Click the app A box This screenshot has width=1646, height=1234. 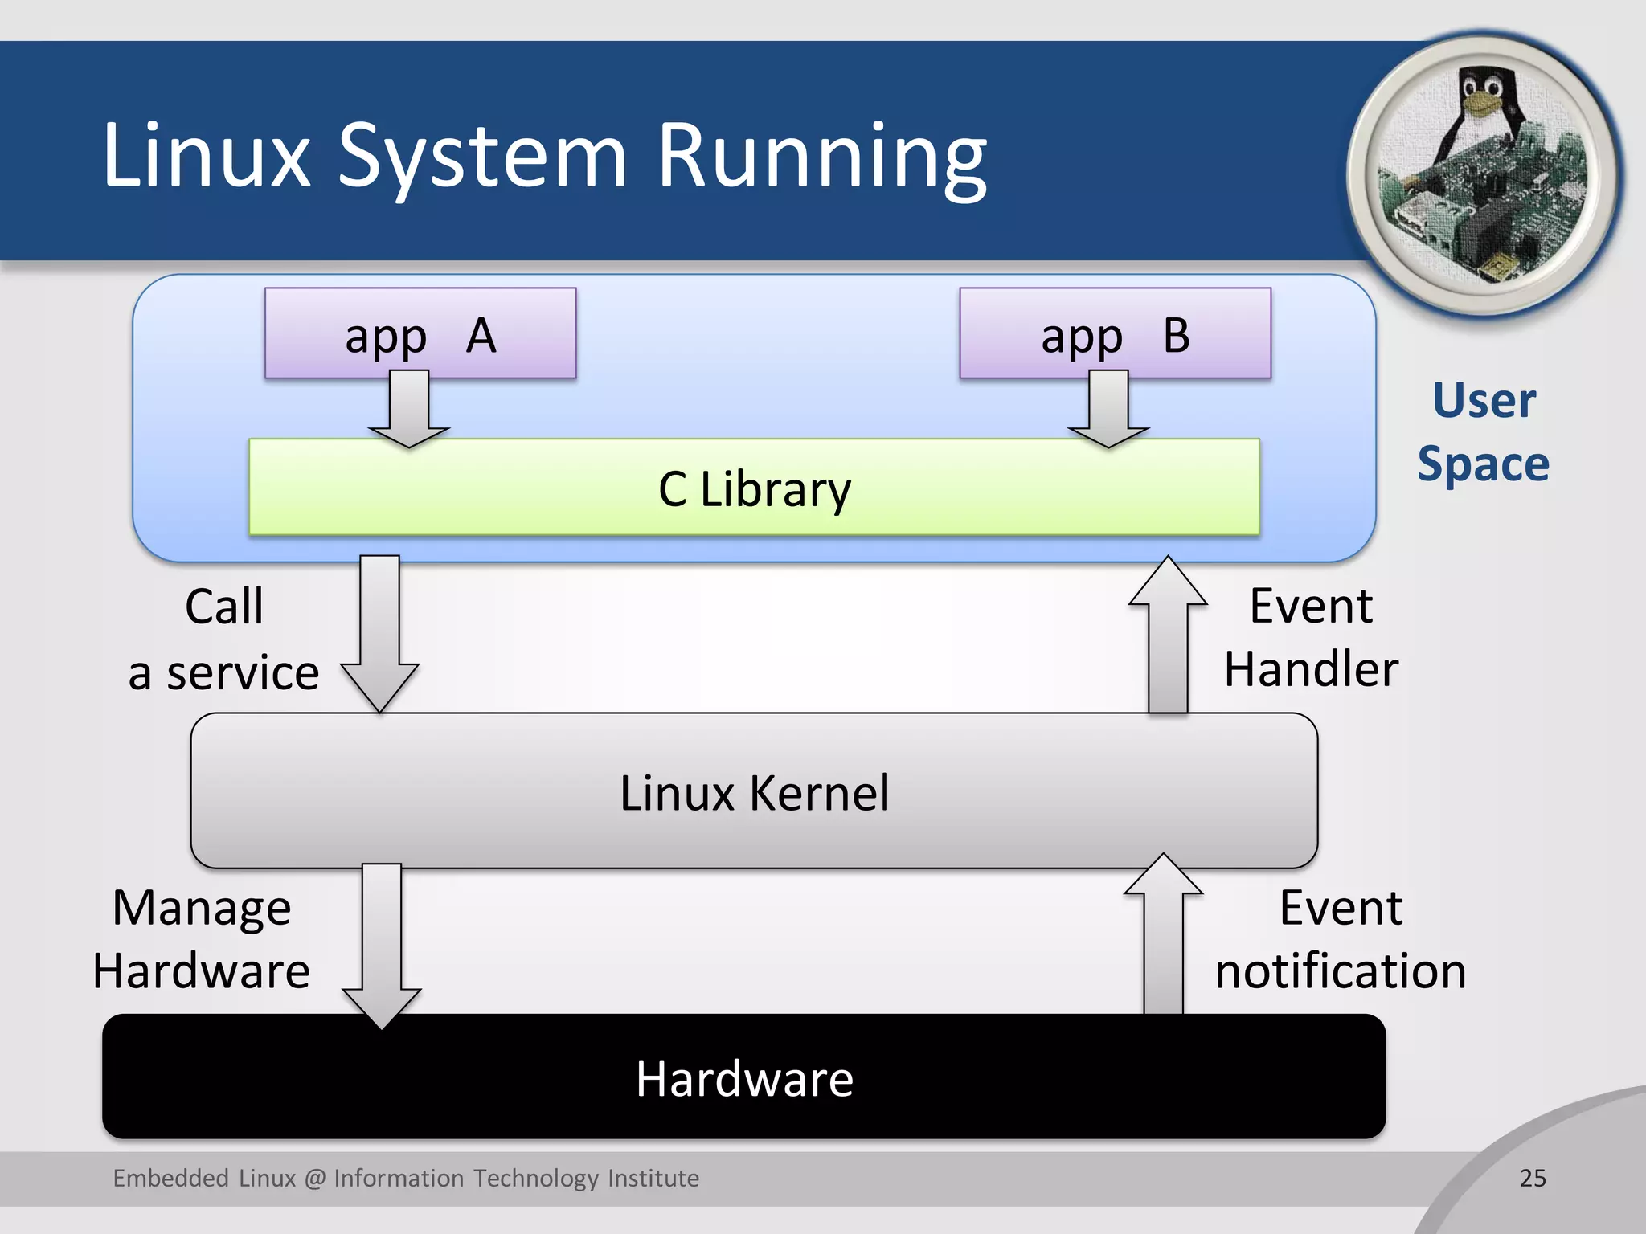420,333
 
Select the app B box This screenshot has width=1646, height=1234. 1115,333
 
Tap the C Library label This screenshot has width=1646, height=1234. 754,488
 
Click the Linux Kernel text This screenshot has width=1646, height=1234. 754,793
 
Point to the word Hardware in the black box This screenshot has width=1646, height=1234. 744,1078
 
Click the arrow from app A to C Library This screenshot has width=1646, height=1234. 409,410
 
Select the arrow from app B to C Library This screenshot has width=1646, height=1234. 1108,410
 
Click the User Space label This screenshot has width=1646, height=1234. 1484,432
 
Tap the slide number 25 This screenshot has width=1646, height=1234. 1533,1178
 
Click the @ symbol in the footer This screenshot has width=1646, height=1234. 315,1179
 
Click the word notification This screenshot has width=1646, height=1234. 1340,970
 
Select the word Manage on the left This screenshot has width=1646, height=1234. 201,909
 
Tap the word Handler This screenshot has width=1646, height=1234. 1311,668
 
